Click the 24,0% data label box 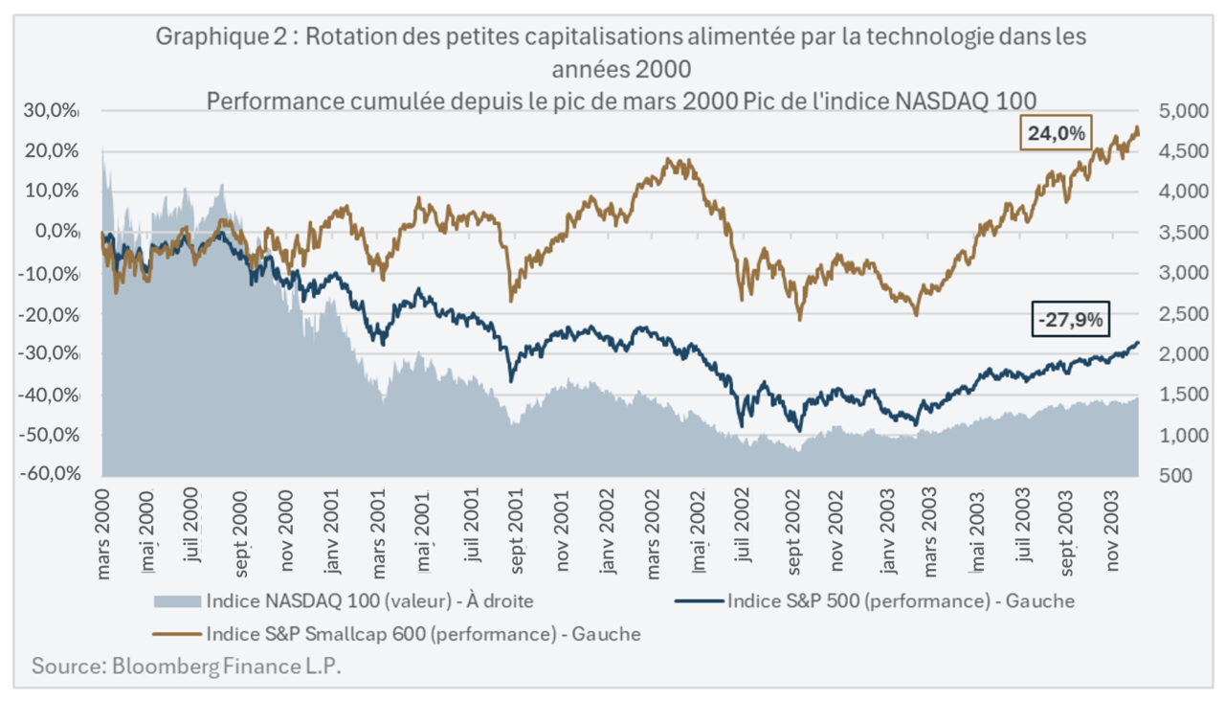[x=1057, y=134]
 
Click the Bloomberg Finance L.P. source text [x=186, y=667]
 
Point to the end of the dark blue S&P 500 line [x=1138, y=342]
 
